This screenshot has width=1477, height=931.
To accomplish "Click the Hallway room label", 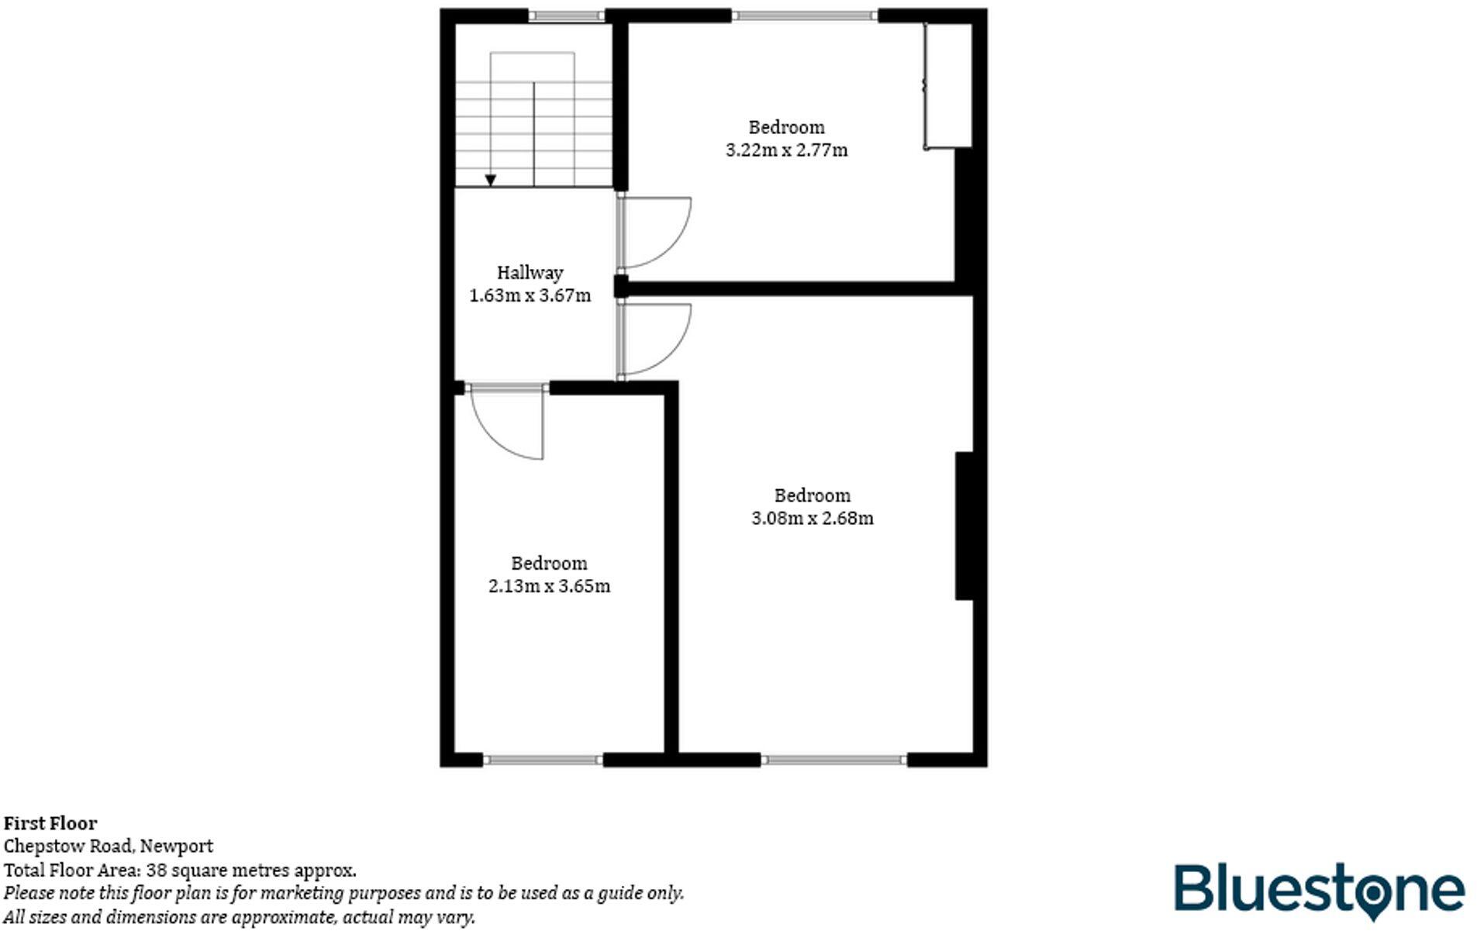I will pos(530,273).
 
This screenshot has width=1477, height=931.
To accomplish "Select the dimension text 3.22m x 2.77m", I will pos(786,150).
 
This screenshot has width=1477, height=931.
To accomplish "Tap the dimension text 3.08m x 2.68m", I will pos(812,519).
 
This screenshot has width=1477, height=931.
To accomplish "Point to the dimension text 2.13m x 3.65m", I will pos(549,587).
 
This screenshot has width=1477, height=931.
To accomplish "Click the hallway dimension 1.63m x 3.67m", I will pos(530,296).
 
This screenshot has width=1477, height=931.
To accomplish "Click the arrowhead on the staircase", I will pos(490,180).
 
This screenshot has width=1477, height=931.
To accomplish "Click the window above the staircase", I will pos(567,16).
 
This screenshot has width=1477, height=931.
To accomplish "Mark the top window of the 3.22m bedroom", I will pos(804,16).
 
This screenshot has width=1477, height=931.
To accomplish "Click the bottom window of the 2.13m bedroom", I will pos(543,760).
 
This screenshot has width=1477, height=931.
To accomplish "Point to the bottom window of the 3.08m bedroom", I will pos(834,760).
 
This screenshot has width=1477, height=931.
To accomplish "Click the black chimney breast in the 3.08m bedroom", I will pos(965,526).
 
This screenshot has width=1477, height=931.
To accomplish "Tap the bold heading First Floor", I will pos(50,823).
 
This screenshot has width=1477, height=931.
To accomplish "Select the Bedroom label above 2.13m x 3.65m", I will pos(549,564).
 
